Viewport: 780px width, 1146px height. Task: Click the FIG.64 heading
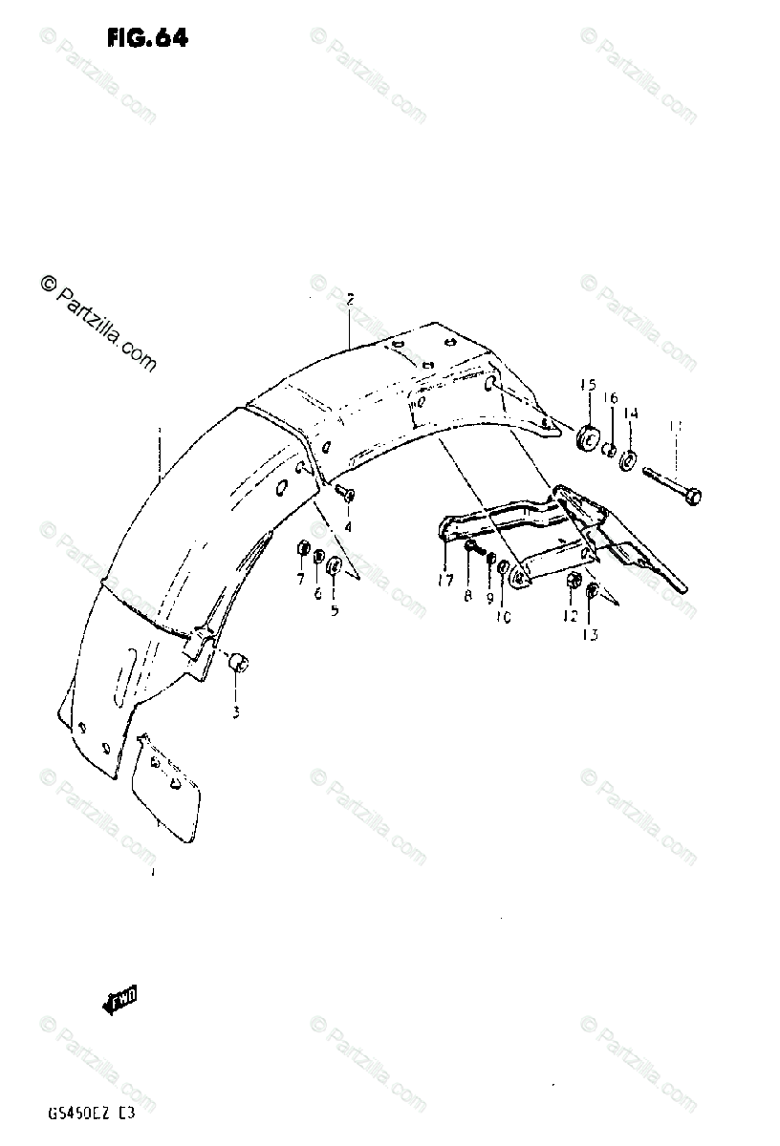[147, 38]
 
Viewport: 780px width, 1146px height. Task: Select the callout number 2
[350, 300]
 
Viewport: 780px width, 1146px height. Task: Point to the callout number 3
[236, 711]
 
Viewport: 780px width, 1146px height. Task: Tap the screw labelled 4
[345, 493]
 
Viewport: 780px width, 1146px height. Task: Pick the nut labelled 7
[301, 550]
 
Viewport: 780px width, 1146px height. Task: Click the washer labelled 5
[335, 568]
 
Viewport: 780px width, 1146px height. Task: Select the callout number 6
[317, 593]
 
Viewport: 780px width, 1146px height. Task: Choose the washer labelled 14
[629, 459]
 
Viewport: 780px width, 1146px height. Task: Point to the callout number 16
[611, 398]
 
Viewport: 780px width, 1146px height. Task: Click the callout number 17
[445, 580]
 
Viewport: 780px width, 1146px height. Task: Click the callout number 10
[504, 617]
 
